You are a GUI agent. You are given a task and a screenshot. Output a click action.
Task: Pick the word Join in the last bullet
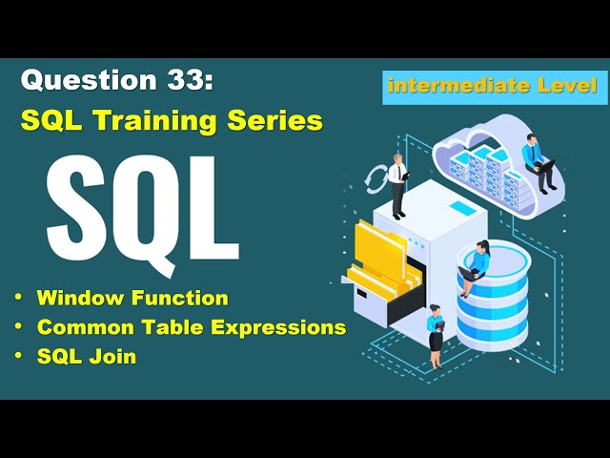pyautogui.click(x=114, y=357)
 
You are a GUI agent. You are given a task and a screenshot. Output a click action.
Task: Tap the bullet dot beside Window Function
pyautogui.click(x=18, y=298)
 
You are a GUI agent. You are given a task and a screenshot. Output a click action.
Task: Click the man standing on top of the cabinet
pyautogui.click(x=396, y=183)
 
